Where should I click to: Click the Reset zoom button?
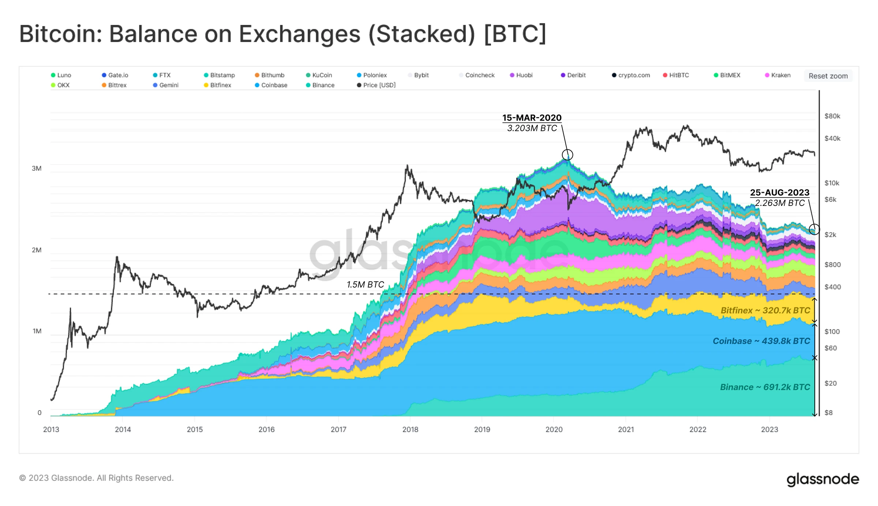[x=828, y=76]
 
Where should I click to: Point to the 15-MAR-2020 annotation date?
[x=532, y=118]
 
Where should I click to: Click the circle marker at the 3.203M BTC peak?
[x=567, y=155]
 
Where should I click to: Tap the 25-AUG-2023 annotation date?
[x=780, y=192]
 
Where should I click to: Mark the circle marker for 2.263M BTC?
[x=814, y=229]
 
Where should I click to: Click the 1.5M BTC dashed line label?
[x=365, y=284]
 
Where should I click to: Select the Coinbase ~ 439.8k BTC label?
[x=761, y=341]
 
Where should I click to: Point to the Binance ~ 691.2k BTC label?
[x=765, y=387]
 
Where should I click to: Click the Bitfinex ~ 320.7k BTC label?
[x=765, y=310]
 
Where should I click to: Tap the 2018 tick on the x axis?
[x=410, y=430]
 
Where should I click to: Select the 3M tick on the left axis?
[x=37, y=168]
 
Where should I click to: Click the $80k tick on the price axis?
[x=832, y=116]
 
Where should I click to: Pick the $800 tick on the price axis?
[x=832, y=265]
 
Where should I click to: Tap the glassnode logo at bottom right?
[x=823, y=479]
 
